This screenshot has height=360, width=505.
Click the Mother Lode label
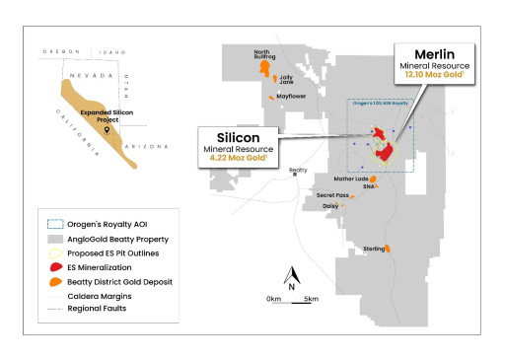point(350,179)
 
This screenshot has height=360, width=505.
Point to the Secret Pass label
point(332,195)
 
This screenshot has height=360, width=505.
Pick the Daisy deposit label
point(330,206)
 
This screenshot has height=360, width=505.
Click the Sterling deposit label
point(374,248)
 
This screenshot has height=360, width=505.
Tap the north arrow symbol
point(292,276)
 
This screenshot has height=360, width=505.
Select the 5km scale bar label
point(310,298)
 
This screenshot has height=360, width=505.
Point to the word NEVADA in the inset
point(84,73)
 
